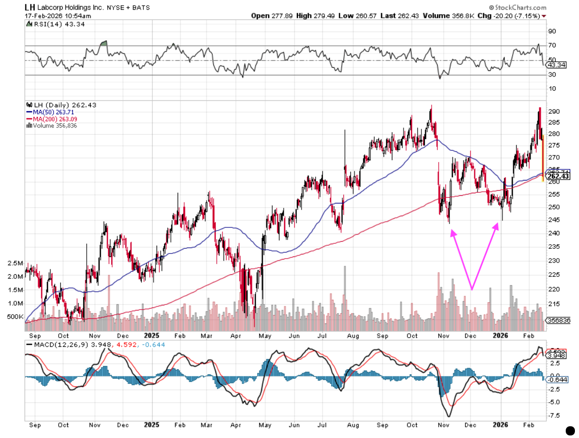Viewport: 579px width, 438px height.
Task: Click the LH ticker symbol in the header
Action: (30, 8)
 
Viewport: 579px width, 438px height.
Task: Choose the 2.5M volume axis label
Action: (15, 263)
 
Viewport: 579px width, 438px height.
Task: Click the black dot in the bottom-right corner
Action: (571, 430)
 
